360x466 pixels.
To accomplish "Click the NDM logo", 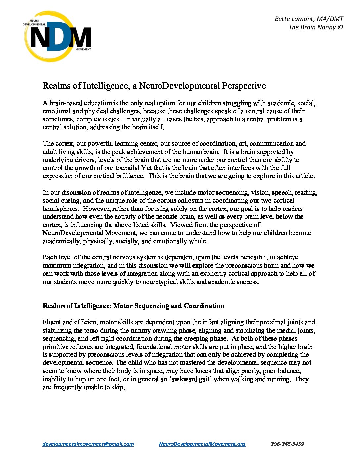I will [57, 36].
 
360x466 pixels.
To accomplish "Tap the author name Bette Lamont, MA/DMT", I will [309, 19].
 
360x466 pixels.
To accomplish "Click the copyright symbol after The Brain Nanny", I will [340, 27].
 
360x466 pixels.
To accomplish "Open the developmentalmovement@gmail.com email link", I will [88, 444].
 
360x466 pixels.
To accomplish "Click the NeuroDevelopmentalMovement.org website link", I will [202, 444].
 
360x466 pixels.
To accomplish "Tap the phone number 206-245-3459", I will [287, 444].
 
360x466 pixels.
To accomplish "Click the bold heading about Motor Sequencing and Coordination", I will [133, 306].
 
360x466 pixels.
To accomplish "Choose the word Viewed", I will [180, 225].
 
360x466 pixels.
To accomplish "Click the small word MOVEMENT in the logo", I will [83, 49].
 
